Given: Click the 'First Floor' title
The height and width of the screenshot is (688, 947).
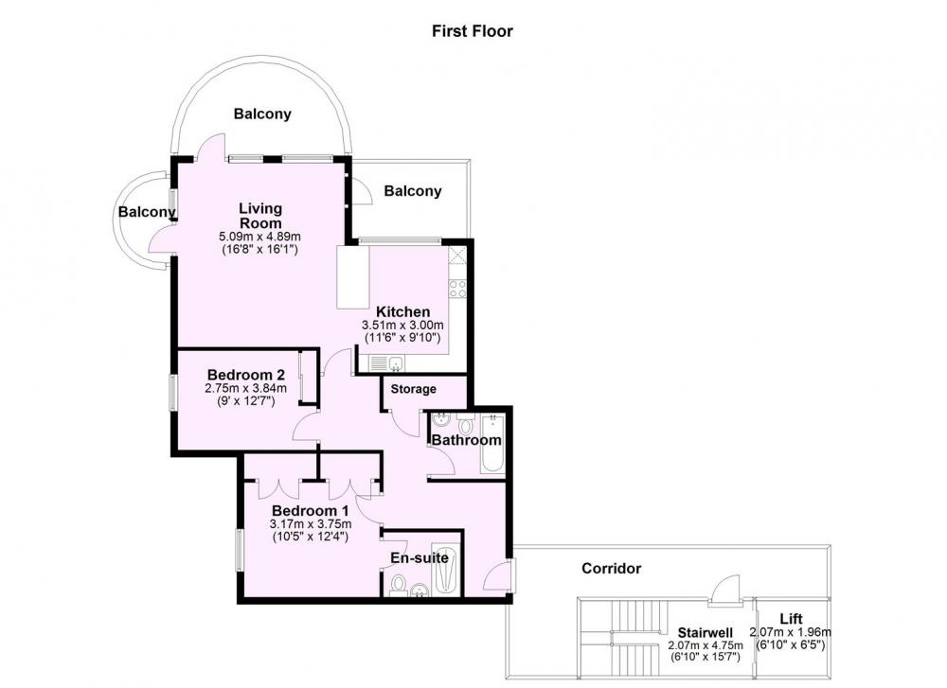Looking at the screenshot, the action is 473,31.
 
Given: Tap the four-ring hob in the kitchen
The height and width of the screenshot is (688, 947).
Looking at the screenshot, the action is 457,289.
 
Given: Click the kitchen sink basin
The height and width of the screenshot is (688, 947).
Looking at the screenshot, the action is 396,363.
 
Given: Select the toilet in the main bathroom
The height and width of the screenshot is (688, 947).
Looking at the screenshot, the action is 464,424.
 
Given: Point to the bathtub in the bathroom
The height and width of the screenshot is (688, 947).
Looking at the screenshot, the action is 492,444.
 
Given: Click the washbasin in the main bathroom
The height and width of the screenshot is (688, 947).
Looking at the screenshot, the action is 441,419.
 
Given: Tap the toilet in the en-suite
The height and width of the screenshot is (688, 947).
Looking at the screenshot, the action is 398,585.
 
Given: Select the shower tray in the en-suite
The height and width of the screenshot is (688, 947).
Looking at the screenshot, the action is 446,572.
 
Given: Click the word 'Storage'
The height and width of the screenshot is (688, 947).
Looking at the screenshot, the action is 413,389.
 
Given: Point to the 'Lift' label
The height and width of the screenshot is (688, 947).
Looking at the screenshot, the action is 791,619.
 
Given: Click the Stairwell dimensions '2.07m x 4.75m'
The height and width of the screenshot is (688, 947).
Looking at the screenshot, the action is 706,645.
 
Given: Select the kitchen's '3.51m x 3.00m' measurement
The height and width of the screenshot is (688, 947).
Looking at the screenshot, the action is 402,326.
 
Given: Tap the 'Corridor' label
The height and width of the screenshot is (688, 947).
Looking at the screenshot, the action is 611,569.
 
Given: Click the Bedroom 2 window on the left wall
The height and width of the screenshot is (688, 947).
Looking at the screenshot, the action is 172,393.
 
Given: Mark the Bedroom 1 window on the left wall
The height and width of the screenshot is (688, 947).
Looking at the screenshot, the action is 240,549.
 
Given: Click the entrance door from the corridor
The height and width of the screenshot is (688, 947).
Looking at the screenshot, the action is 499,575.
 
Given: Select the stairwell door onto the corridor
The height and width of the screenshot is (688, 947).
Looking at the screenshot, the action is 724,589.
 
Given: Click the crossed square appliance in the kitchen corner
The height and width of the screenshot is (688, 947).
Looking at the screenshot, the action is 457,256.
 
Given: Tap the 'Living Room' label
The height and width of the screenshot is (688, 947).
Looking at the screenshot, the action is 260,216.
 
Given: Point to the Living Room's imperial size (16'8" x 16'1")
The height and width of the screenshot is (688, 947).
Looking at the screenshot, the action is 260,249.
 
